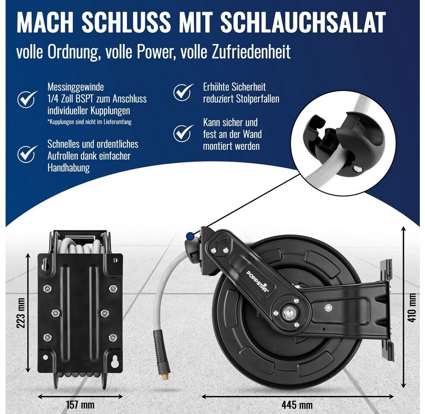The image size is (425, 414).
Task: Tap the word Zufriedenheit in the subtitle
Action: pos(251,52)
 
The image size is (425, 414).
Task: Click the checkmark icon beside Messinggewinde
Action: pos(27,99)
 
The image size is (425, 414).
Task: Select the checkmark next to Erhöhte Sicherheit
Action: pos(183,92)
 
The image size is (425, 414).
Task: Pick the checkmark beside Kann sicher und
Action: pos(183,133)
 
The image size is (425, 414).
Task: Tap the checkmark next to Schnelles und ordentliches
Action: pos(27,154)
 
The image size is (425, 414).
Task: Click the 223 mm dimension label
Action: pos(21,313)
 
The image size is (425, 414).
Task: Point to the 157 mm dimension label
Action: pos(80,405)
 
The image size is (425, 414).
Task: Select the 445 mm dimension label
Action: pos(297,405)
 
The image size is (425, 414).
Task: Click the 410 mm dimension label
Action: pos(412,307)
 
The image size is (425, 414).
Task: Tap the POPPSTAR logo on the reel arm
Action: pos(257,282)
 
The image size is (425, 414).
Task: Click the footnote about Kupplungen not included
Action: pos(89,122)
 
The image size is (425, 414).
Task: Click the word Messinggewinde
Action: pos(76,87)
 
